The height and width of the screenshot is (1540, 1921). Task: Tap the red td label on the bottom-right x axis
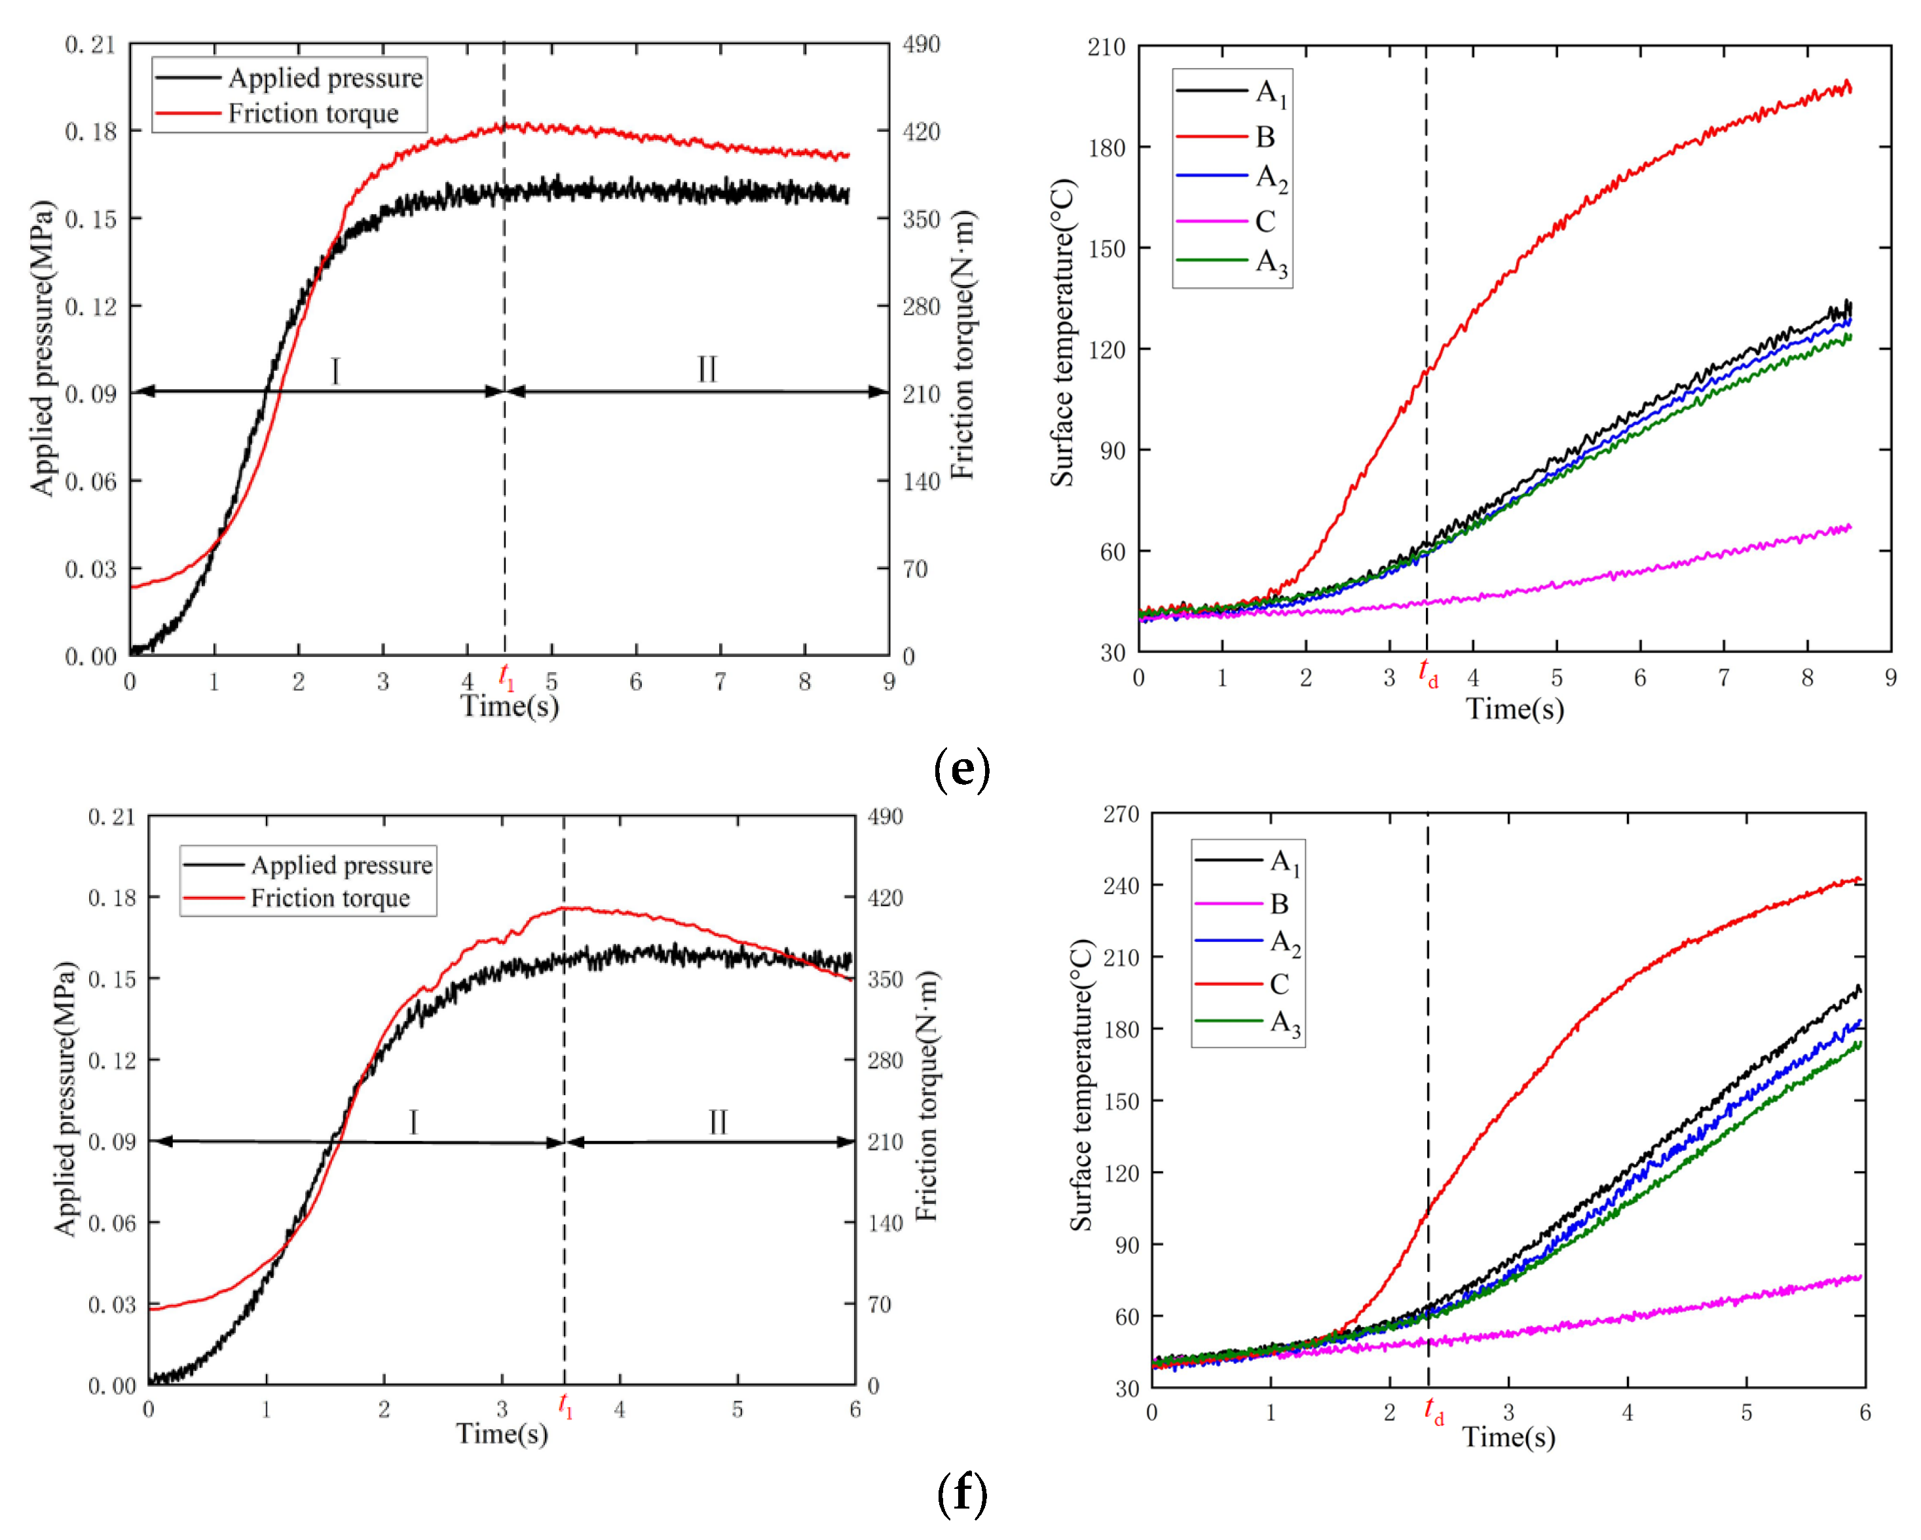click(1434, 1412)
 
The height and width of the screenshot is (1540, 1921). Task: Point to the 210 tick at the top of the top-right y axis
click(1106, 47)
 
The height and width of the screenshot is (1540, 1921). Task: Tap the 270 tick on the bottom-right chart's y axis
click(1120, 814)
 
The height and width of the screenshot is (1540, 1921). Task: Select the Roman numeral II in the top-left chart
click(707, 369)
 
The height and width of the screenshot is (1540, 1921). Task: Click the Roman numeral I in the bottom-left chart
click(413, 1121)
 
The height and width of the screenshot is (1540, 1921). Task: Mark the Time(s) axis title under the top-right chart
click(1515, 709)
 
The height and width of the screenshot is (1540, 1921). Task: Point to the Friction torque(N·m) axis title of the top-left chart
click(962, 345)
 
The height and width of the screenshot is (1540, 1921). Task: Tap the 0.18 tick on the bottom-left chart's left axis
click(111, 897)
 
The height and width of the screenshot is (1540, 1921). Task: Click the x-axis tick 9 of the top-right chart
click(1890, 678)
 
